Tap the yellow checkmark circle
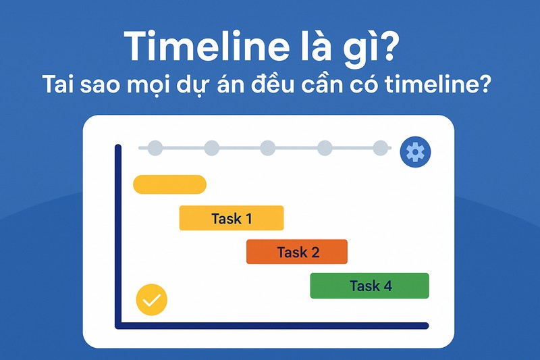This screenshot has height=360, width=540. click(x=151, y=300)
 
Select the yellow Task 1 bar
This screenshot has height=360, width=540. click(x=231, y=218)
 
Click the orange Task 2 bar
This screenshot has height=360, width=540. click(x=297, y=252)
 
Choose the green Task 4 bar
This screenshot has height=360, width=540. click(x=369, y=286)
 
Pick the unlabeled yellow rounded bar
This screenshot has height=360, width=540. click(x=169, y=184)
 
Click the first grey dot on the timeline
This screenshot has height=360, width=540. click(x=155, y=147)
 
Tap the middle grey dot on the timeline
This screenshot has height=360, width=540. click(x=268, y=147)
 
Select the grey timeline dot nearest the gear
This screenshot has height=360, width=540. click(x=381, y=147)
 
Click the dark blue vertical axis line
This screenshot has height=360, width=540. click(x=118, y=236)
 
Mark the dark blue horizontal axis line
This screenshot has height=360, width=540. click(x=270, y=326)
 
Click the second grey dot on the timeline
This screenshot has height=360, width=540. click(x=211, y=147)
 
